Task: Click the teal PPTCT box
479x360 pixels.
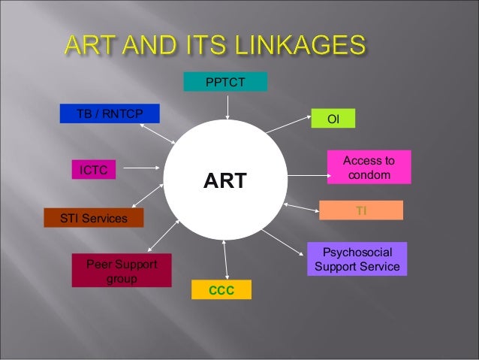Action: point(225,82)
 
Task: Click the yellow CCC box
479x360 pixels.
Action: point(221,290)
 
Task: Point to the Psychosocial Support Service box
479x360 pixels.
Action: point(357,259)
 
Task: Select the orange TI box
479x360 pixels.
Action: point(361,210)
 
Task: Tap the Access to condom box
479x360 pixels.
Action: point(369,168)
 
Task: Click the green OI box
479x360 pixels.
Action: point(333,119)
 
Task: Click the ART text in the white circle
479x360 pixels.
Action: point(225,181)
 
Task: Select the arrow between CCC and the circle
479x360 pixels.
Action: point(224,260)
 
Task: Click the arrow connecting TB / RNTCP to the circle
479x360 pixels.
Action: point(158,134)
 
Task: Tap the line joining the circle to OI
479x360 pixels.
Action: point(289,125)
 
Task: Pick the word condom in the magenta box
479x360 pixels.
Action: point(369,175)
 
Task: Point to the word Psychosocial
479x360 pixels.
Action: point(357,253)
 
